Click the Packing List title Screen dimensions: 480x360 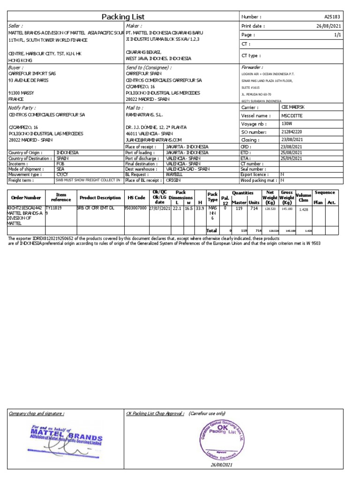point(122,17)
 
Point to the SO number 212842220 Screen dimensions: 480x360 point(292,132)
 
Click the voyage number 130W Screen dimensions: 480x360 point(286,124)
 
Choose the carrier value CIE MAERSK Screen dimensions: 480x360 point(292,107)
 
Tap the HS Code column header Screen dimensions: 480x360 point(136,198)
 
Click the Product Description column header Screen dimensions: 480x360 point(100,198)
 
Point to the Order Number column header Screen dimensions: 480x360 point(26,198)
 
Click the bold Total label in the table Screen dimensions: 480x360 point(212,231)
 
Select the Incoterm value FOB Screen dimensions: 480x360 point(60,164)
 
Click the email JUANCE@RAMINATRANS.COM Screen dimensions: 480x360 point(153,140)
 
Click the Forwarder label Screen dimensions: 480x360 point(252,67)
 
